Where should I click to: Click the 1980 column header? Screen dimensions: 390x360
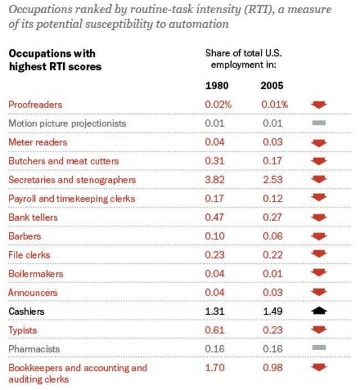coord(217,86)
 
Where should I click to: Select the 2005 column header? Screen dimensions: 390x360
coord(272,86)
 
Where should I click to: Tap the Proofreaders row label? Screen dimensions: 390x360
coord(35,105)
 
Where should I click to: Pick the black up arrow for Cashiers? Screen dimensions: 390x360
coord(319,311)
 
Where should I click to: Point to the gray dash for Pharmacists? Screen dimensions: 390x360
coord(318,348)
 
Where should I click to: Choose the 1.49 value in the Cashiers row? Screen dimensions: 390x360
coord(272,311)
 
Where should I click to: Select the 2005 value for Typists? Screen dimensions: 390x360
coord(272,330)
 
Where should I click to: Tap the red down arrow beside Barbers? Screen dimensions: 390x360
coord(319,236)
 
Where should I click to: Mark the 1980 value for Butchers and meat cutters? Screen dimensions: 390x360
coord(214,161)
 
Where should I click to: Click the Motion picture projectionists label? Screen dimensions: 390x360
coord(67,123)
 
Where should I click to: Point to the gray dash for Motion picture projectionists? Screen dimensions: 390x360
coord(318,122)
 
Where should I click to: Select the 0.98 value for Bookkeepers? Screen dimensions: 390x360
coord(272,368)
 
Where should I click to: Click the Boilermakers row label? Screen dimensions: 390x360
coord(35,274)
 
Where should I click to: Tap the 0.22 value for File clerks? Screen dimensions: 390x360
coord(272,255)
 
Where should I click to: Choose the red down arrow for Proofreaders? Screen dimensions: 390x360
coord(319,105)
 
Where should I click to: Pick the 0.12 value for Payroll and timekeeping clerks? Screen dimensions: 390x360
coord(272,199)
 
